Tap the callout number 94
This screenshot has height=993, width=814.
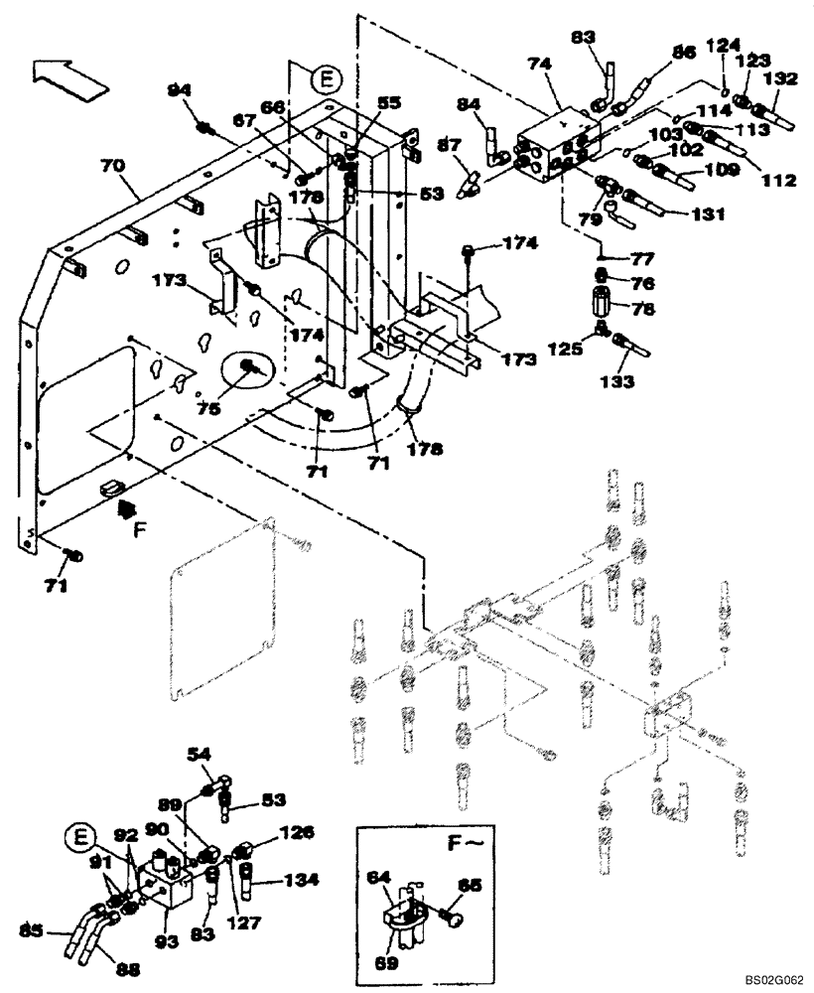click(x=179, y=90)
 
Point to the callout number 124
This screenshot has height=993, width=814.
click(x=723, y=44)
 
